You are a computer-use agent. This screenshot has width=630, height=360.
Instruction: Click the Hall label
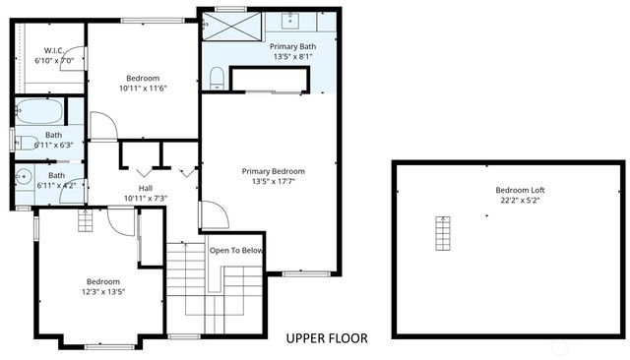[x=145, y=188]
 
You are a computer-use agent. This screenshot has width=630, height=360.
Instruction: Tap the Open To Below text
[x=236, y=250]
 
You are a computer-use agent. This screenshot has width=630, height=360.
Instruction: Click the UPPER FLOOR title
[x=327, y=338]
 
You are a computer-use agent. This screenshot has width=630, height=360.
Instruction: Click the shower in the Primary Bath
[x=230, y=27]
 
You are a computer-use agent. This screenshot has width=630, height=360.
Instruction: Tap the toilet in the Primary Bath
[x=218, y=77]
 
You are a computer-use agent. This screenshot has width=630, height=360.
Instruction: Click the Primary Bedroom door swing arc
[x=215, y=215]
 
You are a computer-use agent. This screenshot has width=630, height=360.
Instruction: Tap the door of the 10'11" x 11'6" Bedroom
[x=102, y=126]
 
